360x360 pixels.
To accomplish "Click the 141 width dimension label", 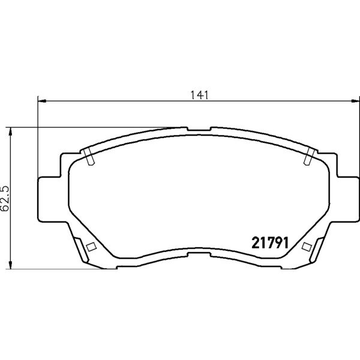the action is coord(200,95).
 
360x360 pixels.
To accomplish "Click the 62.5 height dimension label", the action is coord(5,199).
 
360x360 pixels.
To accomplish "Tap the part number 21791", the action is coord(270,243).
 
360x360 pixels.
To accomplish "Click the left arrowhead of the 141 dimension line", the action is coord(42,101).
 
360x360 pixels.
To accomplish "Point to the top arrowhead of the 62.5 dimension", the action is coord(10,132).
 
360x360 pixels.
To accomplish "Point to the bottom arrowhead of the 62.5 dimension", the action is coord(10,264).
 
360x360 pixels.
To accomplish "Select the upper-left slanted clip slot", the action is coord(89,157).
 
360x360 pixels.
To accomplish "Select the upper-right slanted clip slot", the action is coord(309,157).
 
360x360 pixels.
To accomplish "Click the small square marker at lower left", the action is coord(91,247).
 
